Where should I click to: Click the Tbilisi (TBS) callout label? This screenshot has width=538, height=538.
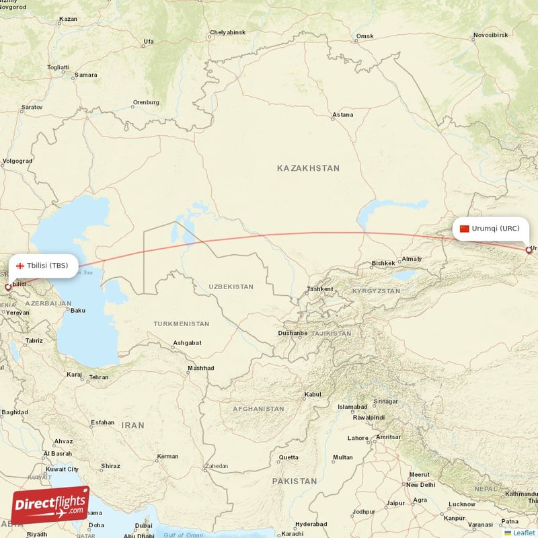(x=43, y=265)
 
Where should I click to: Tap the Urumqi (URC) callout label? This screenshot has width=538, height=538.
(x=491, y=229)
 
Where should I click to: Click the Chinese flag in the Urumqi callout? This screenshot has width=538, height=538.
(x=464, y=229)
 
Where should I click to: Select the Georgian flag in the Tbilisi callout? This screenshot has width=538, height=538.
(x=20, y=265)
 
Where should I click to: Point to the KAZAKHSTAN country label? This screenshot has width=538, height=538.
(x=308, y=168)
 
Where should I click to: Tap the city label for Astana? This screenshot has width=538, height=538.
(x=342, y=115)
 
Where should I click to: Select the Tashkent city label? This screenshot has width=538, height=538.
(x=319, y=289)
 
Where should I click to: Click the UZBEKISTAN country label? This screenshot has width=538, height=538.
(x=231, y=286)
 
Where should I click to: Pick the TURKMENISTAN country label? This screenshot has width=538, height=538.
(x=181, y=324)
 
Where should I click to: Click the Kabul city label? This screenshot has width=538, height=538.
(x=313, y=395)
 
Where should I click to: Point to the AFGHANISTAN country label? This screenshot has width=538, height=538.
(x=258, y=409)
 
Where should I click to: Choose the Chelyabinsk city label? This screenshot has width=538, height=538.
(x=227, y=32)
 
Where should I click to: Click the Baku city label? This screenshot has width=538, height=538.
(x=78, y=311)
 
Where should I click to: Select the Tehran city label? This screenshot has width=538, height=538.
(x=98, y=377)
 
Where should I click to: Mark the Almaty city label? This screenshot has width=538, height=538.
(x=411, y=259)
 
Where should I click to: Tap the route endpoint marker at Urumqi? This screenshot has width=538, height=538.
(x=529, y=250)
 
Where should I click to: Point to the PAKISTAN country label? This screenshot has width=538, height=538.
(x=294, y=482)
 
